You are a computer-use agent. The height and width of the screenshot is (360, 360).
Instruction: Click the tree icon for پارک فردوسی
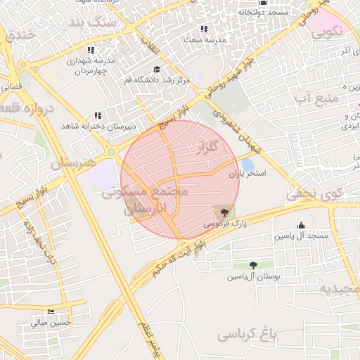[x=224, y=212]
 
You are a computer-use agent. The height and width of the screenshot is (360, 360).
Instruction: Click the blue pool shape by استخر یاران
[x=247, y=164]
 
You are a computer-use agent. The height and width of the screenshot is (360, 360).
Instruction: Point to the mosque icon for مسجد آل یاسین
[x=302, y=225]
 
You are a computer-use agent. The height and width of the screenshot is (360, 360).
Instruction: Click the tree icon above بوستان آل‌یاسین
[x=253, y=265]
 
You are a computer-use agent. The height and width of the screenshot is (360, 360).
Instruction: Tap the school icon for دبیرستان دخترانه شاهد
[x=98, y=115]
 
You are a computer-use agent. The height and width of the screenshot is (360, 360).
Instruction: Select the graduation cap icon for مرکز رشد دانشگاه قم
[x=156, y=70]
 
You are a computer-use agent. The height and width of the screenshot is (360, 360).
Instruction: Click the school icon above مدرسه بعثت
[x=204, y=30]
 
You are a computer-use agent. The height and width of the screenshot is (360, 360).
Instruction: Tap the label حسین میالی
[x=51, y=323]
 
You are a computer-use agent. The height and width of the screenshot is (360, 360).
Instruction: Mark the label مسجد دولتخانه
[x=263, y=12]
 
